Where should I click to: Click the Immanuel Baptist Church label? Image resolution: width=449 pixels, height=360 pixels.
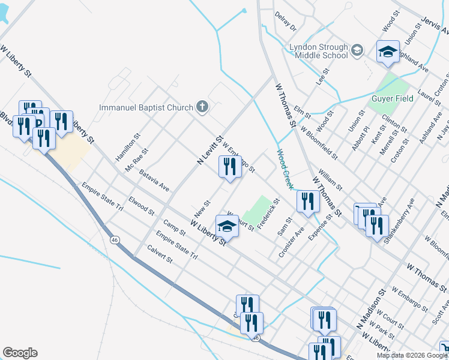click(x=146, y=108)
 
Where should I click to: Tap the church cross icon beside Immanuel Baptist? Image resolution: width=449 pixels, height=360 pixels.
click(x=203, y=107)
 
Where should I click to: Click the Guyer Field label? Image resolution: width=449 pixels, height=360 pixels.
click(x=392, y=98)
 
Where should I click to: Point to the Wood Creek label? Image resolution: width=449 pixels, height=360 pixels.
click(x=286, y=169)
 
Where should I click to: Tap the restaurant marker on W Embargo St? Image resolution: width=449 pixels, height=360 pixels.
click(x=229, y=168)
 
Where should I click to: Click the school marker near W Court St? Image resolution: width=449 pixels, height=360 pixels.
click(x=227, y=226)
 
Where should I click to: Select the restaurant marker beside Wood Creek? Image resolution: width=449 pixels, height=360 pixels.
click(x=307, y=202)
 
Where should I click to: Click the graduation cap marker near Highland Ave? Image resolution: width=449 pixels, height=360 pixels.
click(x=388, y=52)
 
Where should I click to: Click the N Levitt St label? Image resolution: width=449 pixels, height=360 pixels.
click(x=210, y=150)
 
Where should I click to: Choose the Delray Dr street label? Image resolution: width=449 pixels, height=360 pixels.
click(x=285, y=20)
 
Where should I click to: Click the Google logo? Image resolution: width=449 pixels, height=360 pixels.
click(x=20, y=353)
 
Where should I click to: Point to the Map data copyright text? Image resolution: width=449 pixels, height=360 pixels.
click(x=412, y=355)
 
